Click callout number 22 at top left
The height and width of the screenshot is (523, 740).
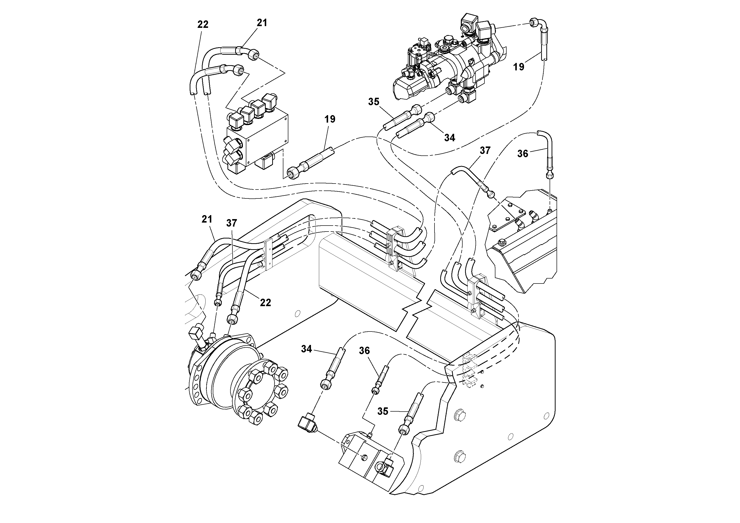point(203,25)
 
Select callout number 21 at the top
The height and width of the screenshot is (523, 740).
point(262,23)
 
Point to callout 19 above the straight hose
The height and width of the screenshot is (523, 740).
point(330,119)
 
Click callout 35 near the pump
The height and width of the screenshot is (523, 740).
point(374,102)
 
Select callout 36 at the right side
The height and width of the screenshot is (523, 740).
point(522,154)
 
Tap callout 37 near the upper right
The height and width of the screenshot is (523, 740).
point(485,150)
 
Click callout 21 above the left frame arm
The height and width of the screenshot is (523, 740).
point(207,219)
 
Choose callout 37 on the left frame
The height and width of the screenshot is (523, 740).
point(231,223)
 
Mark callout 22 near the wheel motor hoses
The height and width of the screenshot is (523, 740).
point(265,302)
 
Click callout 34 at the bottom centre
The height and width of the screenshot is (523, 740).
point(306,349)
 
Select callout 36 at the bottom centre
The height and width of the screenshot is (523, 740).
point(364,351)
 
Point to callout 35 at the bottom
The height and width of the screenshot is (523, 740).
point(383,411)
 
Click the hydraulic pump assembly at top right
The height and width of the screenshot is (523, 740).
point(451,64)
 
